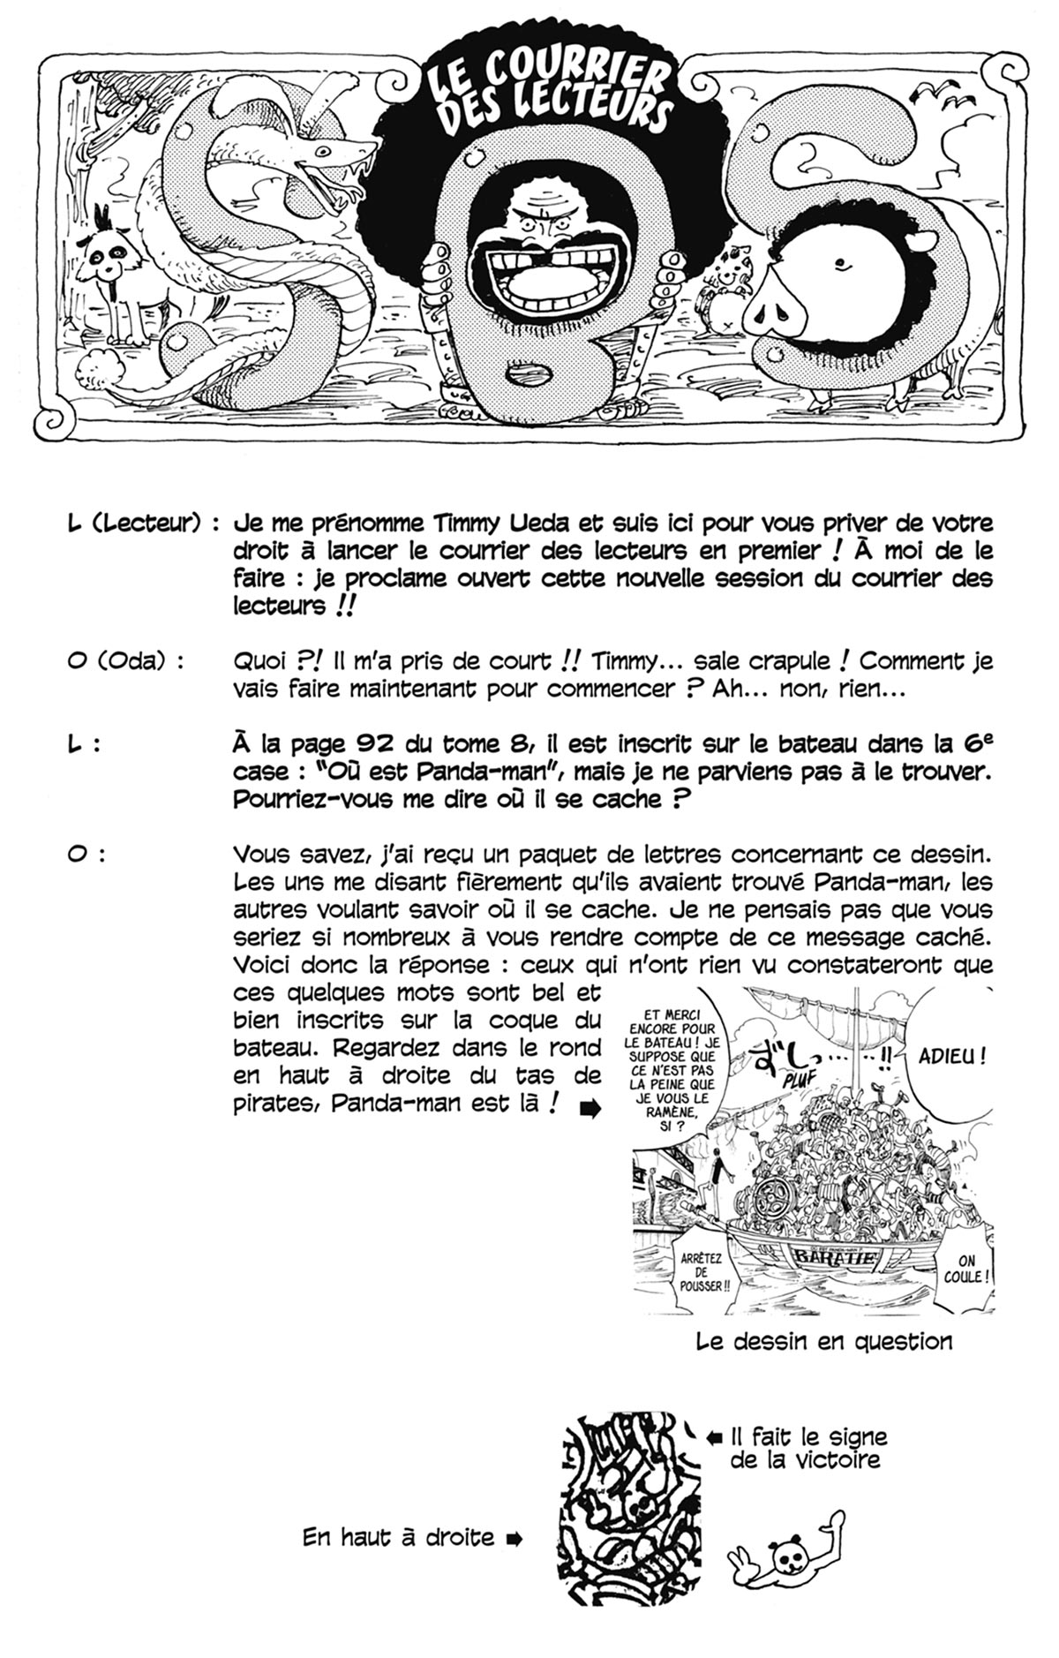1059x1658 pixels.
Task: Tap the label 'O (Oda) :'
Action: point(124,661)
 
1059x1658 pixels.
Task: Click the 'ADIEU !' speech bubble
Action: point(951,1056)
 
